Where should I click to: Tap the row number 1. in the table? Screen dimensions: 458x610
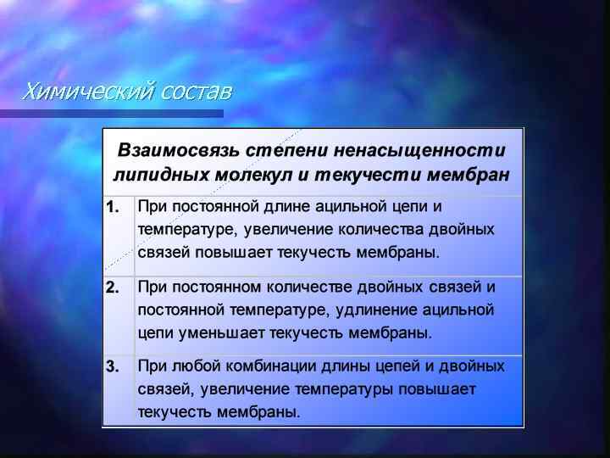113,206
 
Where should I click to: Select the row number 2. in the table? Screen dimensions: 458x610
113,287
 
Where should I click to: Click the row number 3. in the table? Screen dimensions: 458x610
113,366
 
